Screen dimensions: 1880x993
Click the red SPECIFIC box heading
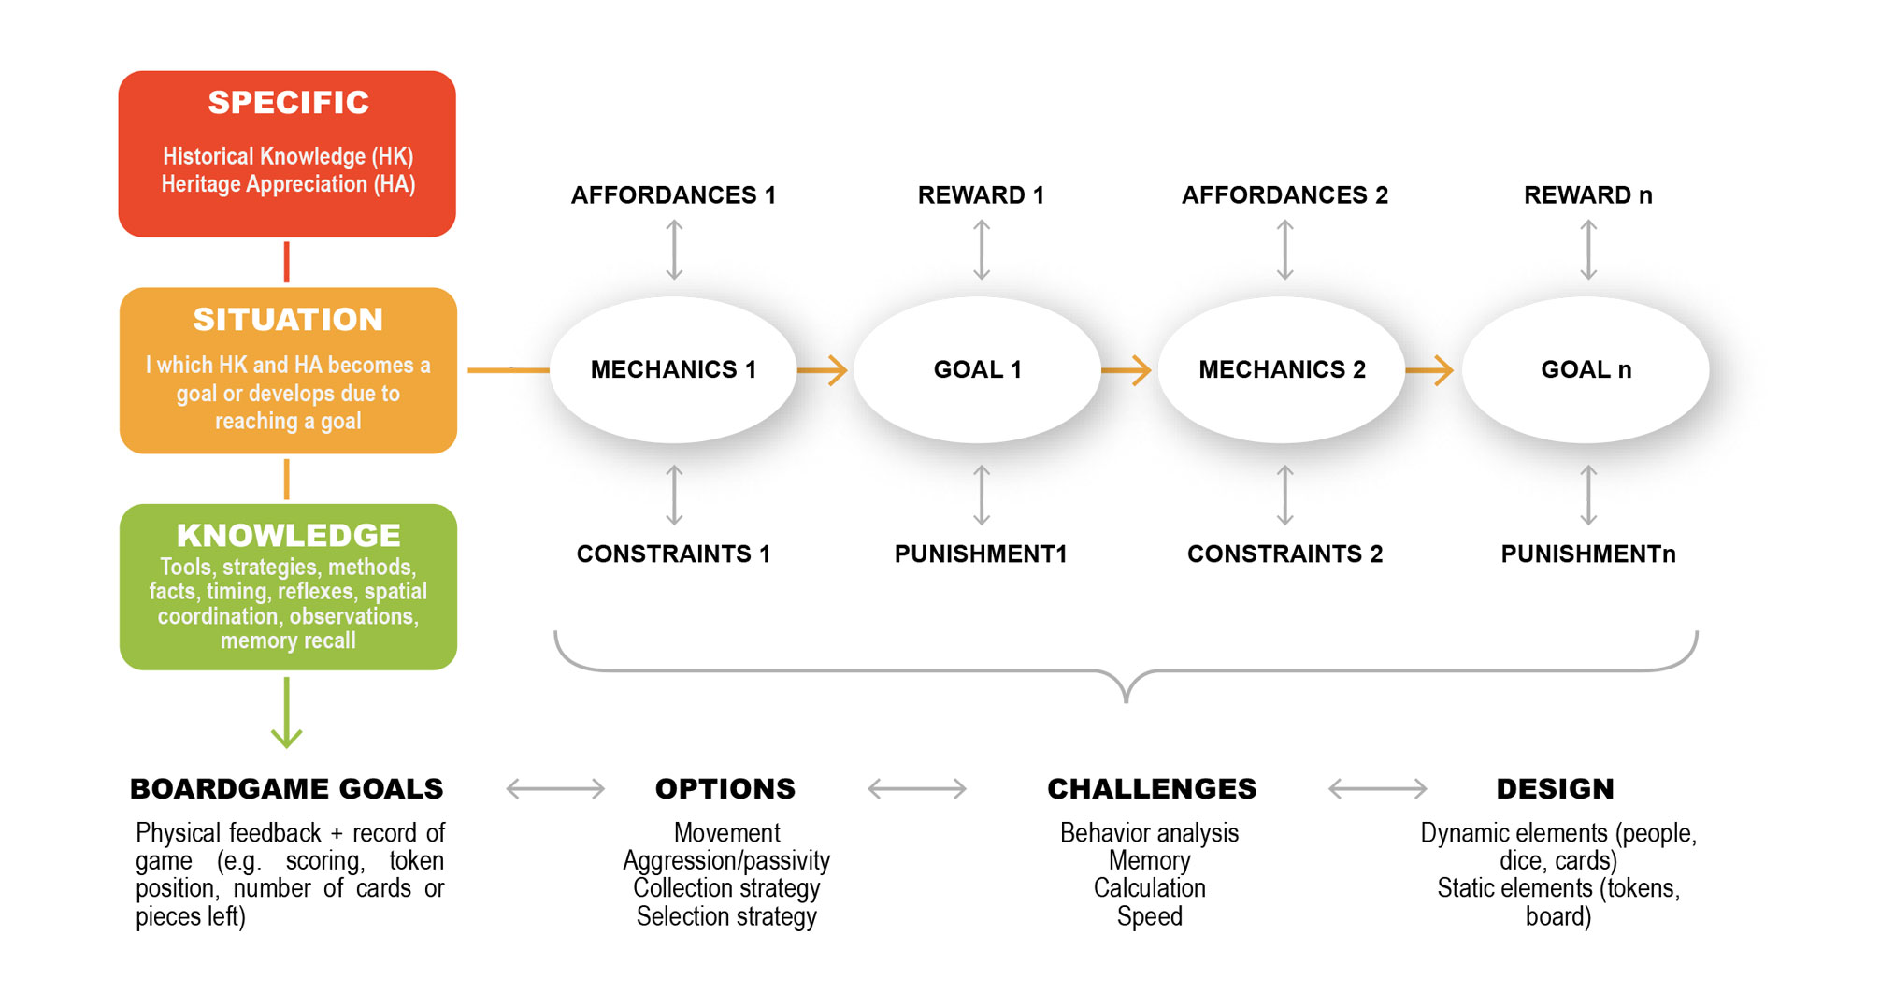point(288,102)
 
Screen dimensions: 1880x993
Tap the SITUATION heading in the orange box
point(288,320)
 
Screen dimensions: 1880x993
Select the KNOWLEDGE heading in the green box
point(288,536)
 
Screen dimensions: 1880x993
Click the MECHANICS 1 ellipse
point(673,369)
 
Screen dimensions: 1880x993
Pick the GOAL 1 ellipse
point(978,369)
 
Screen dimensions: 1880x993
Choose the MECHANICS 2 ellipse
point(1282,369)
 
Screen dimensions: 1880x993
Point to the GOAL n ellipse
point(1586,369)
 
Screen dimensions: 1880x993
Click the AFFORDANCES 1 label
point(673,195)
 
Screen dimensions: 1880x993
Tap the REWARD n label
point(1588,195)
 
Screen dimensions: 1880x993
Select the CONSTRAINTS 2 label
point(1284,554)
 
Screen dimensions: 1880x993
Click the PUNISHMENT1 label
point(981,554)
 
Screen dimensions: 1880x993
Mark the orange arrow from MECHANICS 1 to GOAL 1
point(823,370)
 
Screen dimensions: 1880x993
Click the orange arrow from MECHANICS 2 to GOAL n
point(1430,370)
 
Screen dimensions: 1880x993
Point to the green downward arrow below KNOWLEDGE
point(286,712)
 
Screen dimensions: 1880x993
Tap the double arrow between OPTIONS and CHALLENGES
point(917,789)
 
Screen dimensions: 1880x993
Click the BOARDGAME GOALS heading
point(287,789)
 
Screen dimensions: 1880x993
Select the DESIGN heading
point(1556,789)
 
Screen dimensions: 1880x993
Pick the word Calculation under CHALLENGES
point(1150,888)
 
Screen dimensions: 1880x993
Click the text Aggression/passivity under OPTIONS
point(726,861)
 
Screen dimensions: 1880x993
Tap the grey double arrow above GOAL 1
point(982,250)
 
